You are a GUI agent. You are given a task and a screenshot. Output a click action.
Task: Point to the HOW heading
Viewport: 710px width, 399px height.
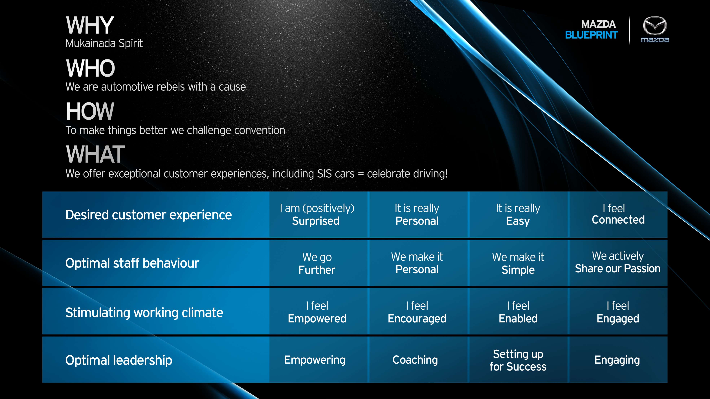tap(90, 111)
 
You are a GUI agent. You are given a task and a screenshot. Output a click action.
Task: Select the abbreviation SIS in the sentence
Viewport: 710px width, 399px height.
tap(324, 174)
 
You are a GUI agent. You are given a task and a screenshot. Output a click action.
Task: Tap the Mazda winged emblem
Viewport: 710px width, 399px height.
tap(655, 25)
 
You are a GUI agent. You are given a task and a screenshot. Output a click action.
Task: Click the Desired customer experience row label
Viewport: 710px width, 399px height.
tap(148, 215)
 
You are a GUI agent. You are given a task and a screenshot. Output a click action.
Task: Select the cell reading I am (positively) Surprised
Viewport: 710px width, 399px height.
tap(317, 215)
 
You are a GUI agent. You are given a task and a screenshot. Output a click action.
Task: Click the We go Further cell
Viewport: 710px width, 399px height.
tap(317, 263)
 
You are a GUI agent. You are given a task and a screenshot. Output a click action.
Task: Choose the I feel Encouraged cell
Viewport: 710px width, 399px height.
tap(417, 312)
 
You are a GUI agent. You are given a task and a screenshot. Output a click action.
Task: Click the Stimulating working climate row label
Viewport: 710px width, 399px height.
tap(144, 313)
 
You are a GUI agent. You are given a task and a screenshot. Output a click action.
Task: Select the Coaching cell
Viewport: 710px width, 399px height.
tap(415, 360)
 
